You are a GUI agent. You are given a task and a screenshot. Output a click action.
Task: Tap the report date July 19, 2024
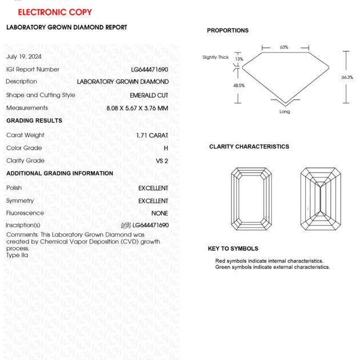click(x=24, y=57)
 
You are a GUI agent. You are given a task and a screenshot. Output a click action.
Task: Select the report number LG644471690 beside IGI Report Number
click(x=150, y=69)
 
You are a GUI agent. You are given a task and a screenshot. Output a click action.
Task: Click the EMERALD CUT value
click(x=149, y=95)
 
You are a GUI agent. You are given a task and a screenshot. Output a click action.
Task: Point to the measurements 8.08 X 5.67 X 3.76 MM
click(x=137, y=108)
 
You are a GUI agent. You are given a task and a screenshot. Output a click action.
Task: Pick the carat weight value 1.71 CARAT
click(x=152, y=135)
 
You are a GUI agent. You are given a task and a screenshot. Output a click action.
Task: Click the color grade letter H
click(x=166, y=148)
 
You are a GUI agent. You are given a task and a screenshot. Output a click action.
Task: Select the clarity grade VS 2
click(x=162, y=161)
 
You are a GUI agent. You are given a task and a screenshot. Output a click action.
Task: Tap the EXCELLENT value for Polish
click(x=153, y=188)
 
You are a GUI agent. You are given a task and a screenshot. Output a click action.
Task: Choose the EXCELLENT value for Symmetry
click(x=153, y=201)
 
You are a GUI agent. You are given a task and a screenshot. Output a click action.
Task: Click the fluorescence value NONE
click(x=159, y=213)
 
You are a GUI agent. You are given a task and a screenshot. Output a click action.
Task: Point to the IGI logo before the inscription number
click(x=126, y=225)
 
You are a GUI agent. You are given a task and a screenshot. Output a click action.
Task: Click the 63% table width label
click(x=284, y=47)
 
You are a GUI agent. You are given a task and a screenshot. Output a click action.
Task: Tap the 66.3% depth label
click(x=347, y=77)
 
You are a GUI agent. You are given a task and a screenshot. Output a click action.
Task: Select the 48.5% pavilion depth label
click(x=239, y=86)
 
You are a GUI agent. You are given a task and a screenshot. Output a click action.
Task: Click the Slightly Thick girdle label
click(x=215, y=57)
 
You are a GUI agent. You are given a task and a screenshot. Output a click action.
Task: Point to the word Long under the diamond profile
click(x=285, y=111)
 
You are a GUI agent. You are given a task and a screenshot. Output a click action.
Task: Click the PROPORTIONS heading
click(x=227, y=30)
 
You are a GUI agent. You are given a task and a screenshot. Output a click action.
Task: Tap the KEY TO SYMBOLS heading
click(x=233, y=249)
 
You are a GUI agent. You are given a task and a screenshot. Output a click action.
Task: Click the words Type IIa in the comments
click(x=17, y=255)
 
